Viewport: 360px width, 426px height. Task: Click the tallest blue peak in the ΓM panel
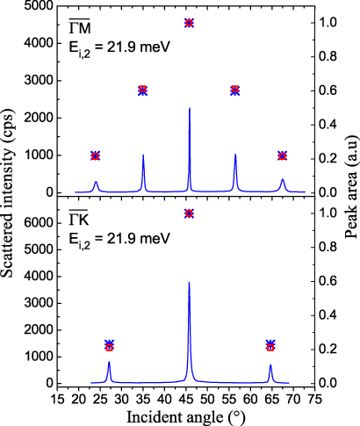coord(190,111)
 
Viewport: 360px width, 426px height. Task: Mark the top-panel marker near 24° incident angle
coord(96,155)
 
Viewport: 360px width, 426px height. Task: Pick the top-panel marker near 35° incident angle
coord(143,90)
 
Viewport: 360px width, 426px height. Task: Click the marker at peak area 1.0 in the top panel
coord(190,22)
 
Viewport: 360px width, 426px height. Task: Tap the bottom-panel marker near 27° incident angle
coord(109,346)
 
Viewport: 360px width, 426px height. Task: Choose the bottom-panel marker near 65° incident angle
coord(270,346)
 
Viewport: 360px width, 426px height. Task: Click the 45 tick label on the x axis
coord(190,398)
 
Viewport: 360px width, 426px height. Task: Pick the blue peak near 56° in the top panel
coord(235,156)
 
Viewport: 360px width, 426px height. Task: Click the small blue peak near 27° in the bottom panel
coord(109,363)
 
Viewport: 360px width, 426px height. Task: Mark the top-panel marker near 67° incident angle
coord(282,155)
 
